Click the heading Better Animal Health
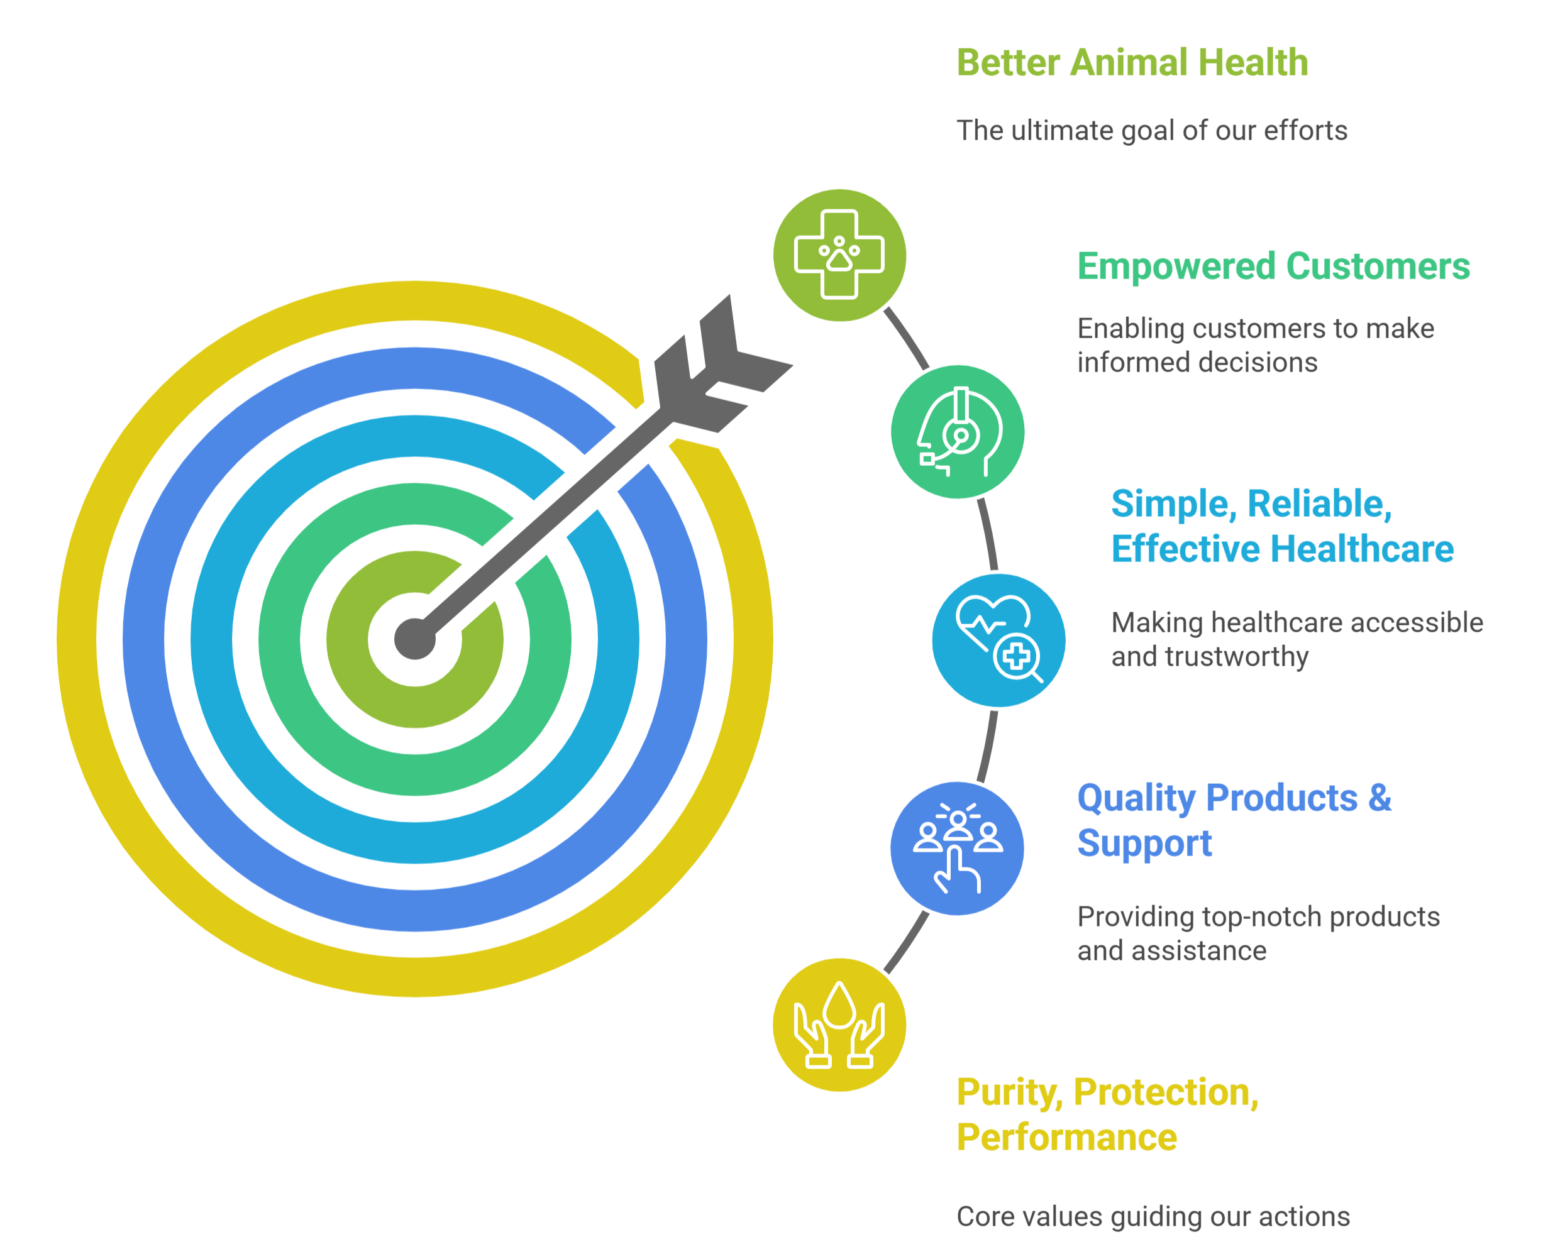(x=1132, y=62)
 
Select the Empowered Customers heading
(x=1273, y=266)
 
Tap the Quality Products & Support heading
(x=1234, y=820)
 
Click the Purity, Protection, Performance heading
(x=1108, y=1114)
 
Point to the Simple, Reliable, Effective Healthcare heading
(x=1283, y=526)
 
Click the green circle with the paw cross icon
(x=839, y=255)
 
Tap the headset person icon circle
(x=958, y=432)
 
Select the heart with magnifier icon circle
(x=999, y=640)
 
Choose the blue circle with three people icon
(x=958, y=849)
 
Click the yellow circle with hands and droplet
(x=839, y=1025)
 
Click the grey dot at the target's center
(x=415, y=639)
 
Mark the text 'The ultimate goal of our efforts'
(x=1152, y=131)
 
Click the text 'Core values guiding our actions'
(x=1153, y=1216)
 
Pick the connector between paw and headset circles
(x=906, y=338)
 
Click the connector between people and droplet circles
(x=907, y=943)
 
